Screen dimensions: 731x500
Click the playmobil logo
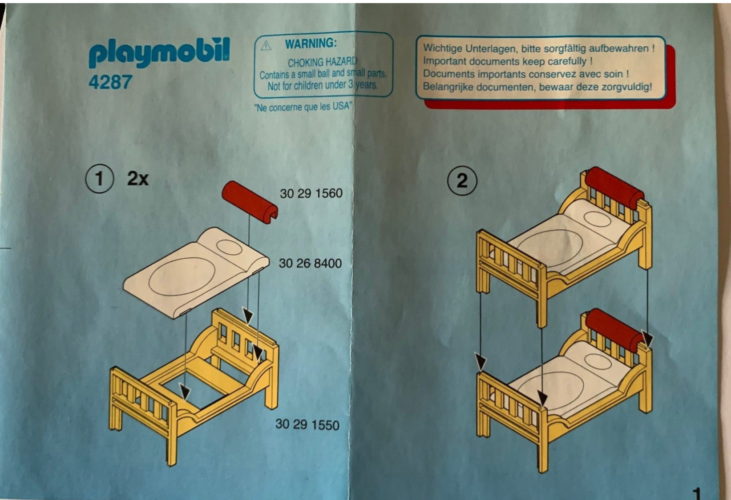[x=159, y=53]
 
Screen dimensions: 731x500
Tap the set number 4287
[x=110, y=82]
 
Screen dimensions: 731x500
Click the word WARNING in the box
[x=311, y=44]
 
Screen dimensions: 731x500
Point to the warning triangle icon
[x=266, y=45]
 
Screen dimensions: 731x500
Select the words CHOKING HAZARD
[x=322, y=62]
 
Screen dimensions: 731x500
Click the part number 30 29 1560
[x=311, y=193]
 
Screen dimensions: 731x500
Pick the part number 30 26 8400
[x=310, y=263]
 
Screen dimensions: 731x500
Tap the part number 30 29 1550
[x=307, y=424]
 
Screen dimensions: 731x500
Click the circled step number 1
[x=99, y=179]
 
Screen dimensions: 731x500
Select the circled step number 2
[x=462, y=181]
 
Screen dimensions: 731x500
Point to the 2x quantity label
[x=138, y=179]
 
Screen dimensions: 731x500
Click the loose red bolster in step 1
[x=249, y=201]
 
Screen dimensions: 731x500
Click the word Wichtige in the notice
[x=442, y=48]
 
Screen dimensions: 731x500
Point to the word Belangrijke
[x=448, y=87]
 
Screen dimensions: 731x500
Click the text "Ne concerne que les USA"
[x=303, y=107]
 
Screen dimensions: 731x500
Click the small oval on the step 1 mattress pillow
[x=229, y=247]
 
